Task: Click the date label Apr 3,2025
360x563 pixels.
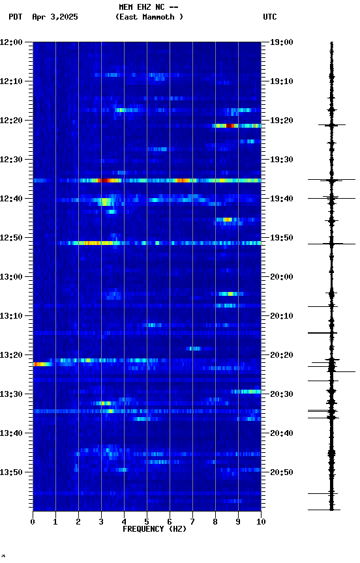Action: (x=55, y=17)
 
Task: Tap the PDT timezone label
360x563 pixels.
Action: (x=16, y=17)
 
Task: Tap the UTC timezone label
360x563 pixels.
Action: (x=270, y=17)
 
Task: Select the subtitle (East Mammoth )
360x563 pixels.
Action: (x=149, y=17)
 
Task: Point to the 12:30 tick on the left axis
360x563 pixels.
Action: (x=14, y=160)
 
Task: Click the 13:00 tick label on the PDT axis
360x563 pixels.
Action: (x=14, y=277)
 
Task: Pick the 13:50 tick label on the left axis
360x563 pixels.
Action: (x=14, y=472)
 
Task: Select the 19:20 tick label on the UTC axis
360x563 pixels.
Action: (x=282, y=121)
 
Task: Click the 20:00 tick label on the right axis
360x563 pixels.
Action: (x=282, y=277)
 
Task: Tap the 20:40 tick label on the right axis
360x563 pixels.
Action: (x=282, y=433)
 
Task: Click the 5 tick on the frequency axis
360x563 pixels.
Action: (x=147, y=521)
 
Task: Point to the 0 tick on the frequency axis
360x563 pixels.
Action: (x=33, y=521)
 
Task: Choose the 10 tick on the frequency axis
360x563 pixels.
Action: (x=261, y=521)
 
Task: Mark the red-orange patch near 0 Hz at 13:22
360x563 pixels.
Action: (x=41, y=364)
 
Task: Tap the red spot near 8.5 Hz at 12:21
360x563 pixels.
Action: (x=230, y=125)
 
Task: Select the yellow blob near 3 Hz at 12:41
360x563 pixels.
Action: (x=106, y=203)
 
